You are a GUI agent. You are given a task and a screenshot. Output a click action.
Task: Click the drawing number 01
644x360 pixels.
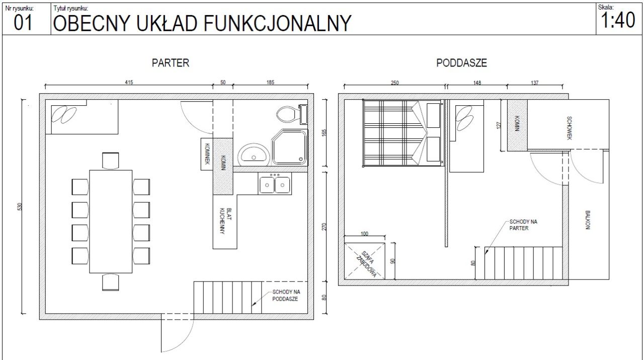click(x=23, y=23)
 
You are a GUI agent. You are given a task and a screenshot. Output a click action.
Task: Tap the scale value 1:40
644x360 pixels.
click(x=618, y=20)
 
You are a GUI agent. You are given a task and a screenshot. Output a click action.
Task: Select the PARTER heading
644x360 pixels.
click(x=171, y=63)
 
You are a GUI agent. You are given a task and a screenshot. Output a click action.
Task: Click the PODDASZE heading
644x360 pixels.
click(x=461, y=63)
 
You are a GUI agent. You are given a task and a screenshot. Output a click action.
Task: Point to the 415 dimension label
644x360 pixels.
click(x=129, y=82)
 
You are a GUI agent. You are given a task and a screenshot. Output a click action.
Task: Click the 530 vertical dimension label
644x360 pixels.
click(x=20, y=206)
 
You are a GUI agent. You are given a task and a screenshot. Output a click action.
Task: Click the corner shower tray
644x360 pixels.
click(x=289, y=148)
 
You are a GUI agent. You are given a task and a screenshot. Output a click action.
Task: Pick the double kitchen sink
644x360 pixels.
click(x=275, y=183)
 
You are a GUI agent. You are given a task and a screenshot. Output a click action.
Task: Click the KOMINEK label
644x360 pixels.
click(x=207, y=154)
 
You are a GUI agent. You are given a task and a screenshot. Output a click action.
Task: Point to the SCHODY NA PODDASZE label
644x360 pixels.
click(x=286, y=296)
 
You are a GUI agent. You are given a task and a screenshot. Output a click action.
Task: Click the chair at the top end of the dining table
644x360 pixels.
click(x=110, y=161)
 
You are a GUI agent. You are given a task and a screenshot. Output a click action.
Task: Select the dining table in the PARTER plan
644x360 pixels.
click(x=111, y=222)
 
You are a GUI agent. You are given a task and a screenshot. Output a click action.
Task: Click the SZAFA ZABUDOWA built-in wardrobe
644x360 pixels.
click(x=365, y=261)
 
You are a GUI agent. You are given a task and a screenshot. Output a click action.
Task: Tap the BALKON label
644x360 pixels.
click(x=588, y=220)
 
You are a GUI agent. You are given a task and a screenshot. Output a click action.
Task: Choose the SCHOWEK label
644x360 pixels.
click(x=569, y=128)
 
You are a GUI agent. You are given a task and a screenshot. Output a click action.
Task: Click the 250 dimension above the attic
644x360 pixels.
click(x=395, y=83)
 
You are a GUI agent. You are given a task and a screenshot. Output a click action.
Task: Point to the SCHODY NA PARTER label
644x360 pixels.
click(x=523, y=225)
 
